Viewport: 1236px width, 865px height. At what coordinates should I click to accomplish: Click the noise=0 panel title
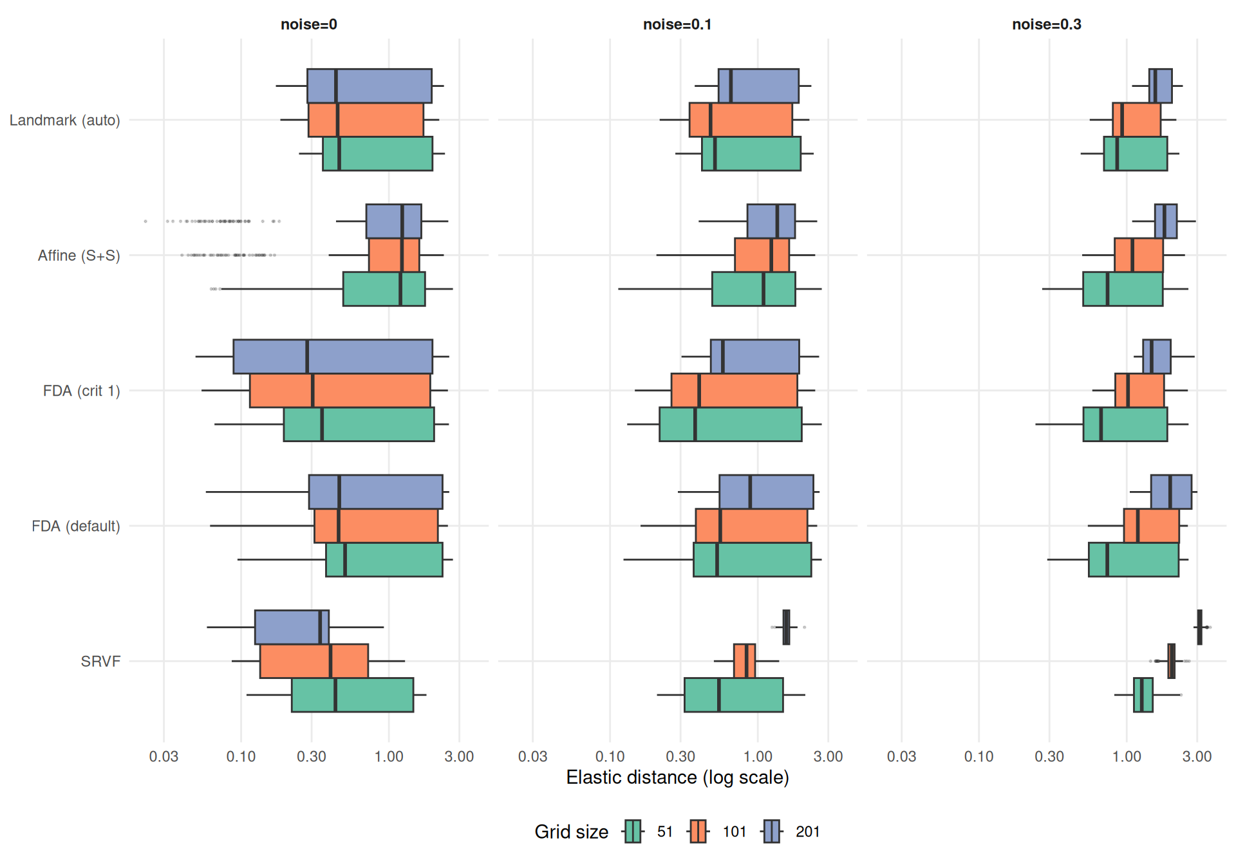point(308,24)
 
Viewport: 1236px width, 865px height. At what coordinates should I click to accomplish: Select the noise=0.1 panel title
point(677,24)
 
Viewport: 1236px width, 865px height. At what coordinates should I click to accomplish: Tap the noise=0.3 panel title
point(1046,24)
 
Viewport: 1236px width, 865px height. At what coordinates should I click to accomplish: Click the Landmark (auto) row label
point(64,120)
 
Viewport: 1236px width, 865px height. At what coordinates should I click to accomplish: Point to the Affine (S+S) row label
point(79,256)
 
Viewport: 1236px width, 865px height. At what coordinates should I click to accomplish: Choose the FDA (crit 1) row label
point(81,391)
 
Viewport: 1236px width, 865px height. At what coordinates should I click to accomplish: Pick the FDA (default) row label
point(75,526)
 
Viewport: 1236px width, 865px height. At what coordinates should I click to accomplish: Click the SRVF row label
point(100,661)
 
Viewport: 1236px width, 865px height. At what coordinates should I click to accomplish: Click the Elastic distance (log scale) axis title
point(677,777)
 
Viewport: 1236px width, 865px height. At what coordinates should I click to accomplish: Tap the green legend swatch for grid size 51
point(633,832)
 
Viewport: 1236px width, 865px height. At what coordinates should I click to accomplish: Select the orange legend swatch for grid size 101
point(698,832)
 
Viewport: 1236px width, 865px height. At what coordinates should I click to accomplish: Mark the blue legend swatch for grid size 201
point(772,832)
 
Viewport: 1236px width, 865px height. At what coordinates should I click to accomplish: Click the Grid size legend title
point(571,832)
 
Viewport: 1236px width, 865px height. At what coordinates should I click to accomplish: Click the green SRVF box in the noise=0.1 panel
point(733,695)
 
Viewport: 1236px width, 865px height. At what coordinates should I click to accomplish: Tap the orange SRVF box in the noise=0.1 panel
point(744,661)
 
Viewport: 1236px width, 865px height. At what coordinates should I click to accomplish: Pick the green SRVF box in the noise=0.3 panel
point(1143,695)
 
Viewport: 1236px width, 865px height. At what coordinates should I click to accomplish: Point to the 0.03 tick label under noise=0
point(164,756)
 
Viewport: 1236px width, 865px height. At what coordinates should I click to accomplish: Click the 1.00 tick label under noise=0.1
point(757,756)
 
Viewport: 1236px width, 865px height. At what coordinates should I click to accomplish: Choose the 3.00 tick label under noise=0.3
point(1197,756)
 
